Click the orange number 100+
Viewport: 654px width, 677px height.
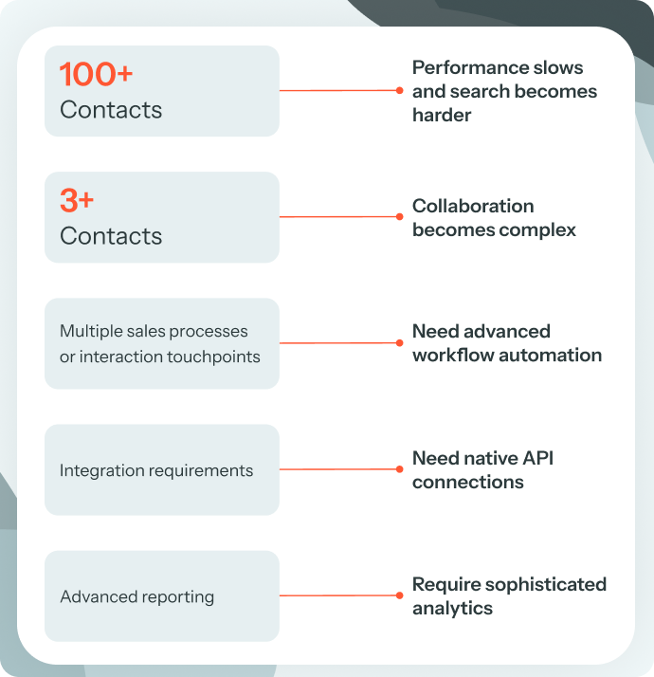click(98, 75)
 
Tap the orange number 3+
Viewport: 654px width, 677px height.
click(77, 201)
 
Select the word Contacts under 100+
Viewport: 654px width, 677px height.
click(111, 110)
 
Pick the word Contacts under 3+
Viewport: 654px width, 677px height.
click(111, 236)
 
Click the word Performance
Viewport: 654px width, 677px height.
click(470, 68)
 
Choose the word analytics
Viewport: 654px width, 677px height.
click(452, 609)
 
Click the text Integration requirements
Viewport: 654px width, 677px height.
click(156, 470)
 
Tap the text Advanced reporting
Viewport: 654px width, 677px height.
click(137, 596)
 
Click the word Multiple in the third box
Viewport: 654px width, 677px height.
click(89, 331)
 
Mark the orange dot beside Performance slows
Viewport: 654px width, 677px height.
click(400, 91)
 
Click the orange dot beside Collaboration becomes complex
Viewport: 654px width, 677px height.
click(400, 217)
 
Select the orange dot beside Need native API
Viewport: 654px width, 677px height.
click(400, 469)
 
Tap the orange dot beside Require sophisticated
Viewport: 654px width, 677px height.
click(400, 595)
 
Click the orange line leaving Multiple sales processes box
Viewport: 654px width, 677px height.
click(338, 343)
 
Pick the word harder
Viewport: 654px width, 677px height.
click(442, 115)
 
